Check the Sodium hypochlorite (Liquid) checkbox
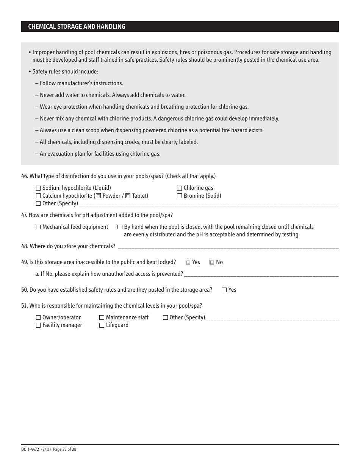click(x=38, y=188)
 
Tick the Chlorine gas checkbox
click(x=180, y=188)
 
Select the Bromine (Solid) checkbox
click(x=180, y=196)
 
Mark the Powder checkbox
click(x=99, y=196)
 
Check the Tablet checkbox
click(x=128, y=196)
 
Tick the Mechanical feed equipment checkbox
click(x=38, y=227)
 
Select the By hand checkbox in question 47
click(x=120, y=227)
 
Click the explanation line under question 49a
click(x=261, y=274)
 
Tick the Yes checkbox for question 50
click(x=224, y=290)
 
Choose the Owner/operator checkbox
click(x=38, y=318)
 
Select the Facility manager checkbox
click(x=38, y=325)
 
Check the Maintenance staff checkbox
click(x=102, y=318)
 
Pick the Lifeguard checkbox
click(x=102, y=325)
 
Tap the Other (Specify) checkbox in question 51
click(x=166, y=318)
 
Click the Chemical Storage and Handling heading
click(x=77, y=27)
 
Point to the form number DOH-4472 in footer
click(x=30, y=449)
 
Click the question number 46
click(x=25, y=176)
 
